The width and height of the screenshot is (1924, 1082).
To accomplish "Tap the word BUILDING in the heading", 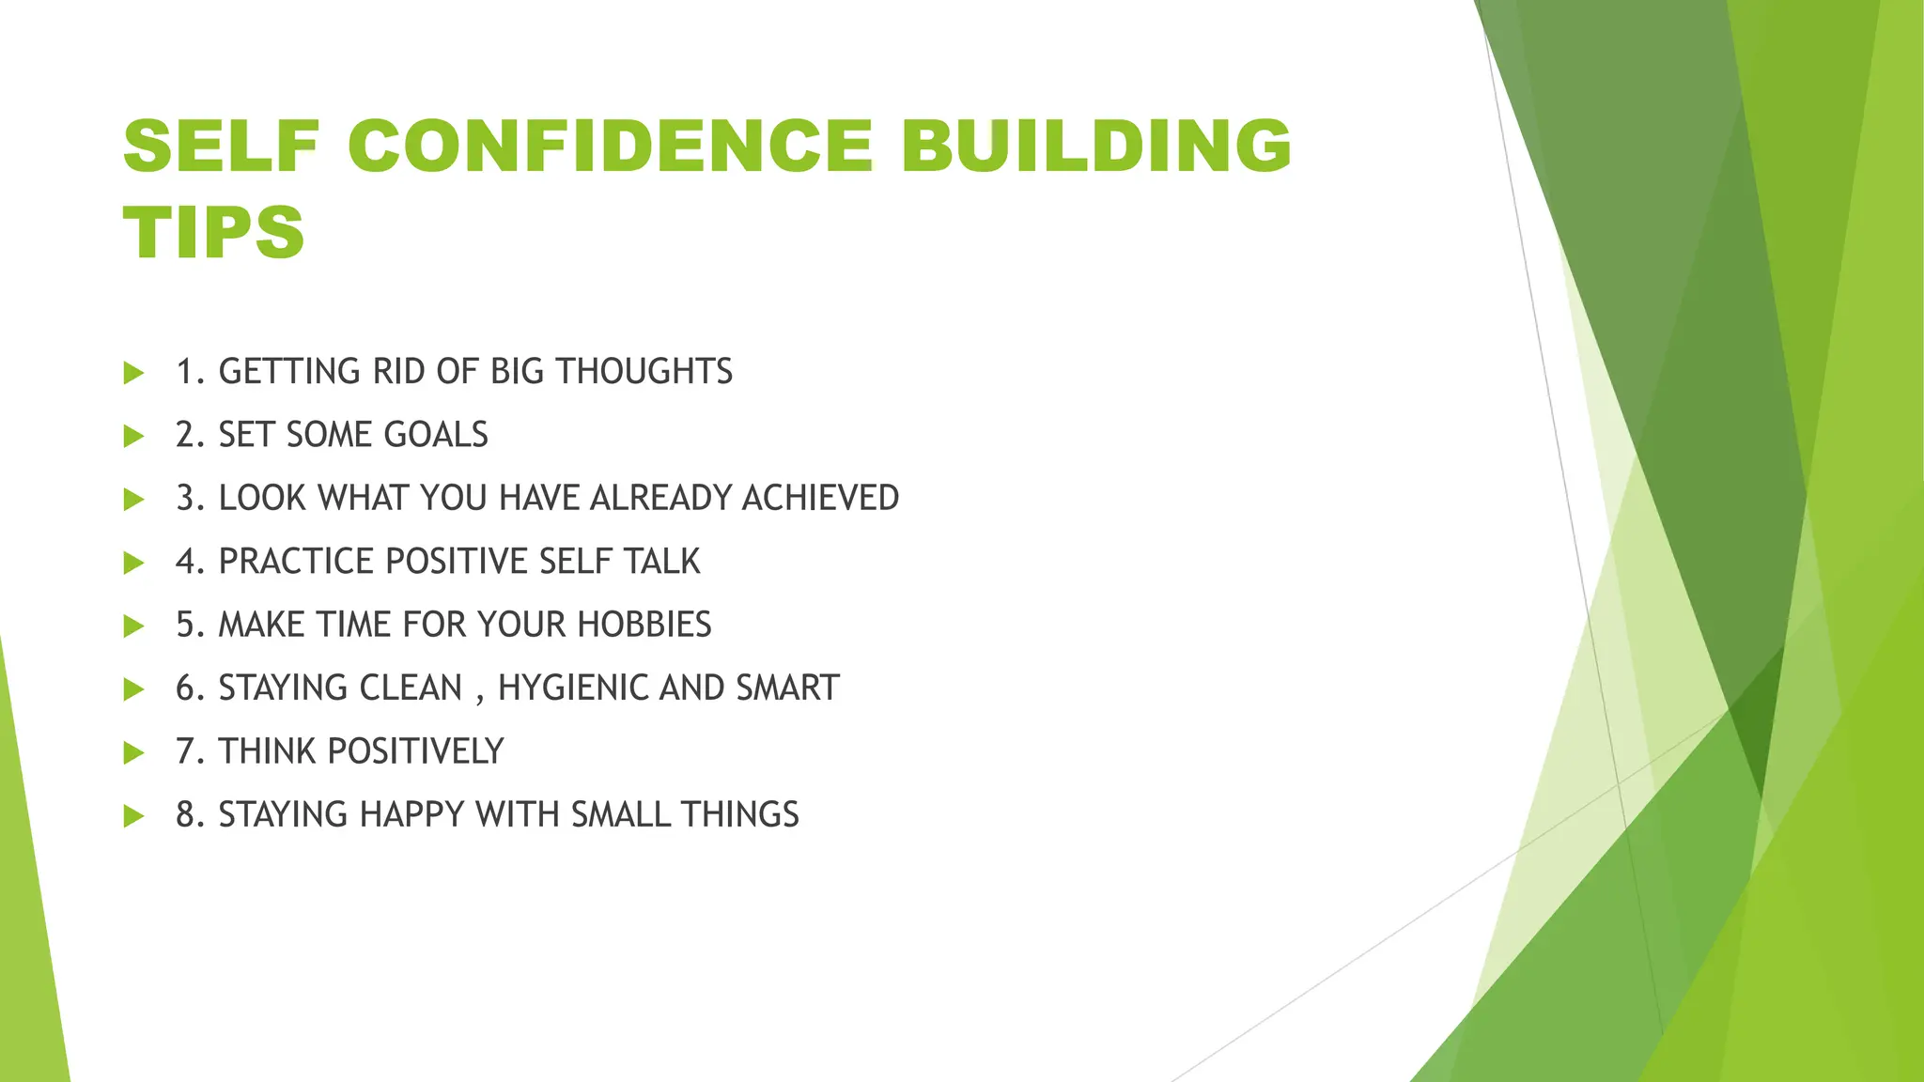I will click(1096, 147).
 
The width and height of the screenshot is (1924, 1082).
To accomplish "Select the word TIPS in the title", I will click(214, 232).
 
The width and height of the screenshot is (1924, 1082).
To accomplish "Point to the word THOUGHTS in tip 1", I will click(644, 372).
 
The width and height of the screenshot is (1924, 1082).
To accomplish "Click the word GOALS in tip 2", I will click(436, 435).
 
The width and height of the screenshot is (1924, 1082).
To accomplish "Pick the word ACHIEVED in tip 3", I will click(820, 498).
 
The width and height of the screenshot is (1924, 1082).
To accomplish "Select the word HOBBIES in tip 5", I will click(644, 625).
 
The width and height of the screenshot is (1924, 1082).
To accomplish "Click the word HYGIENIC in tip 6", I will click(572, 688).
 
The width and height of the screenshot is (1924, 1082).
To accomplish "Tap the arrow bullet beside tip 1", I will click(133, 373).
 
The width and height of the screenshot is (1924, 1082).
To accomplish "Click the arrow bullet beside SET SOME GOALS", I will click(133, 436).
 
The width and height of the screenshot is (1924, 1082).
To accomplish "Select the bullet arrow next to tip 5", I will click(133, 626).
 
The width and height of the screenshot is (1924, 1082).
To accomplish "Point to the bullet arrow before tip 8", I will click(133, 815).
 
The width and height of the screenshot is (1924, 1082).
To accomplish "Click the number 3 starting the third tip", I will click(186, 498).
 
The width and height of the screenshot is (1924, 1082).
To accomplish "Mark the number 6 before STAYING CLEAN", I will click(186, 688).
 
